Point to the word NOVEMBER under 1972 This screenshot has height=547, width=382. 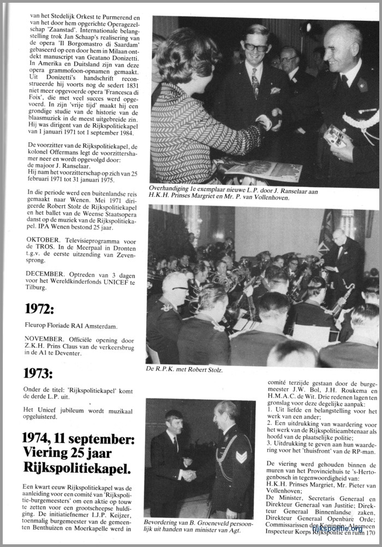47,337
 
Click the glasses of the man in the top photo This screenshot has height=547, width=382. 255,48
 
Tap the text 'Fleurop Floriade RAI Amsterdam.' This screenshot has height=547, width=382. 71,326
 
